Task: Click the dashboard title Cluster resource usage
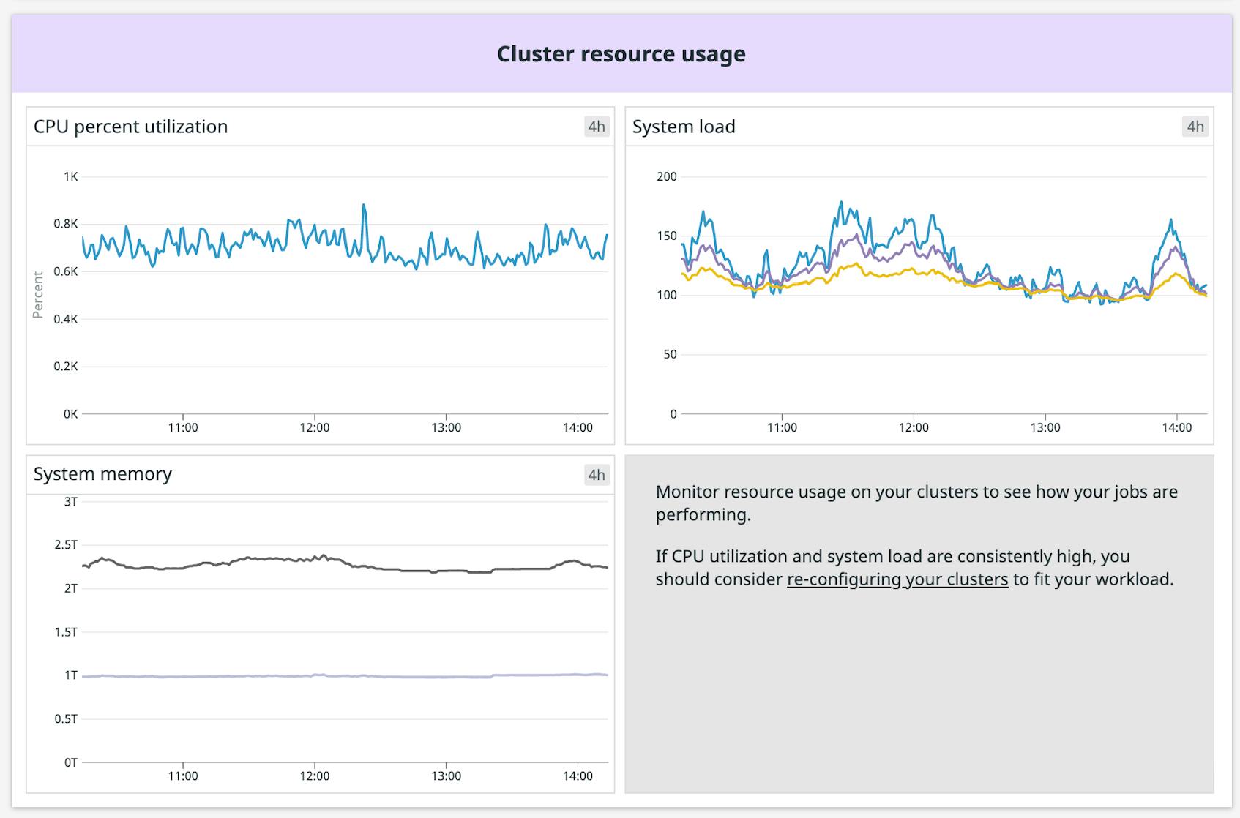tap(621, 54)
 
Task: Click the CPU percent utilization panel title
tap(130, 127)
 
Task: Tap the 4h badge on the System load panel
tap(1195, 127)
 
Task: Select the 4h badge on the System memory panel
tap(597, 475)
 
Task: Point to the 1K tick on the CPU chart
tap(70, 176)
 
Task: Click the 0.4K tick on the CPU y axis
tap(66, 319)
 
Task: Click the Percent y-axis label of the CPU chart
tap(38, 295)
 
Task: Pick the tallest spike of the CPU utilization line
tap(364, 206)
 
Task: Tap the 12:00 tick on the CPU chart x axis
tap(314, 428)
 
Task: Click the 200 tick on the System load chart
tap(667, 176)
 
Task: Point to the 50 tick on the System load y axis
tap(670, 354)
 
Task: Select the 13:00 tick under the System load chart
tap(1045, 428)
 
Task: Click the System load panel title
tap(684, 127)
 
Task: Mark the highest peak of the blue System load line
tap(841, 203)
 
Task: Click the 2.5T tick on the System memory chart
tap(66, 545)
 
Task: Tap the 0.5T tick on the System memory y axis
tap(66, 719)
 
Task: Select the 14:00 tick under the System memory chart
tap(578, 776)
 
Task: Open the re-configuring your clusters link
tap(897, 579)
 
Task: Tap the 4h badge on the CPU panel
tap(597, 127)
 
